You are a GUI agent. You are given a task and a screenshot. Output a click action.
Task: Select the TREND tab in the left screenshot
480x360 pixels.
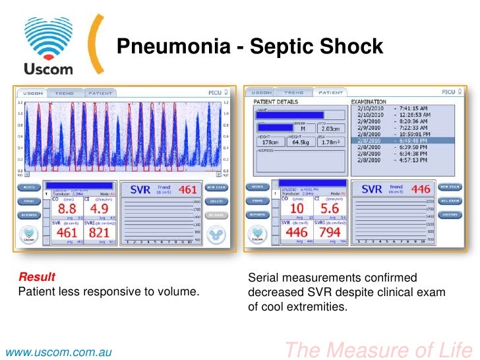[64, 94]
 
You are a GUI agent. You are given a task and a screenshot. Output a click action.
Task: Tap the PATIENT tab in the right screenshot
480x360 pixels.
[332, 93]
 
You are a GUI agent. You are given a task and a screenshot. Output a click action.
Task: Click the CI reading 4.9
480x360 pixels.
[100, 209]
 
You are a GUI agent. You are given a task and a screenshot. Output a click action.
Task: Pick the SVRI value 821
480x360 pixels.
[100, 233]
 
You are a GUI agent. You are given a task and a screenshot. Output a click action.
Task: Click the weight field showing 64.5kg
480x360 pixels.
[301, 142]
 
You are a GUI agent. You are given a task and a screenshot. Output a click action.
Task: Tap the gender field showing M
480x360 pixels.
[303, 129]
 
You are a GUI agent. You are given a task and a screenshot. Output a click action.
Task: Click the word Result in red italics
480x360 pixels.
[36, 277]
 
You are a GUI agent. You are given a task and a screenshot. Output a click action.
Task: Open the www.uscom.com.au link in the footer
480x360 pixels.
[56, 351]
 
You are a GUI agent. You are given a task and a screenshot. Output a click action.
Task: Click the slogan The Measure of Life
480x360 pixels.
[375, 349]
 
